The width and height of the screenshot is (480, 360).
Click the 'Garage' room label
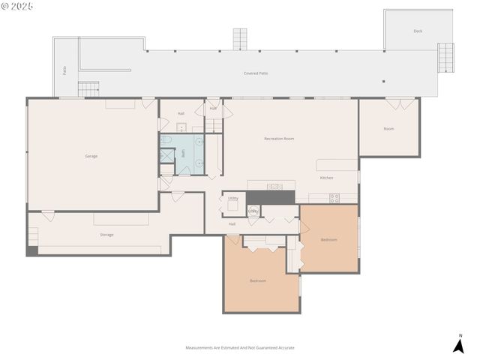91,156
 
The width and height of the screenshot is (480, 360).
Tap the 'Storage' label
106,235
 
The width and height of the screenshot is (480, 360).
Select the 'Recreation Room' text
278,139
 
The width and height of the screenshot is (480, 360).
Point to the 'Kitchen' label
326,178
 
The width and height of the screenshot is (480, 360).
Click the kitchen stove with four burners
334,198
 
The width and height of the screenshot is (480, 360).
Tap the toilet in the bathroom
166,139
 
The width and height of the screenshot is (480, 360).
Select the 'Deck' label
418,31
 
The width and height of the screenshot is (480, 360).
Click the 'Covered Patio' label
256,73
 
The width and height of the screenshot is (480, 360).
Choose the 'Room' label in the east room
388,129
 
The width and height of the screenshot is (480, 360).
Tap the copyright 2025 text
17,6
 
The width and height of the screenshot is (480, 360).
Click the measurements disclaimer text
240,348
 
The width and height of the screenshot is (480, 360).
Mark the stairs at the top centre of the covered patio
239,38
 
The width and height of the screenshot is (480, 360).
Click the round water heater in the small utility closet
254,211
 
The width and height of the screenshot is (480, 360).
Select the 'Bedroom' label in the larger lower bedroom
258,281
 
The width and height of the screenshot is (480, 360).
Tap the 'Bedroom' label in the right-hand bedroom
329,239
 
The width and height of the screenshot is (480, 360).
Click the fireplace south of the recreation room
271,196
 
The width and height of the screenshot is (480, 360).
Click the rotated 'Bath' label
184,153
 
